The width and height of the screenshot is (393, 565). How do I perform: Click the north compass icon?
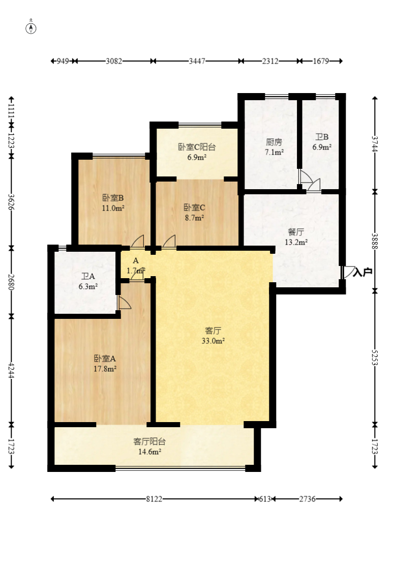click(x=32, y=27)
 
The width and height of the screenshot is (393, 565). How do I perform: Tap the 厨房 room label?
click(x=274, y=142)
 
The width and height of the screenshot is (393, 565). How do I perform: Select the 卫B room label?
click(x=322, y=137)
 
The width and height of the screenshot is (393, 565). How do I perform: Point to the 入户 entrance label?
click(x=362, y=272)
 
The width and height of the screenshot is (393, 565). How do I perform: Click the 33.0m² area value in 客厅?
click(x=213, y=341)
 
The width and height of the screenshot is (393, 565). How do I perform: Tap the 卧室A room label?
click(x=105, y=359)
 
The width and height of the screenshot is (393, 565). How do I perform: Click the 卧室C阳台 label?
click(x=197, y=147)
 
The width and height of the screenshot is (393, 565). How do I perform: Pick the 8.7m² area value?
click(x=194, y=218)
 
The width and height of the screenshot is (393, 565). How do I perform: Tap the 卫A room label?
click(x=88, y=277)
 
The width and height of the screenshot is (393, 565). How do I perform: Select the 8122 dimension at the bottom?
click(x=154, y=499)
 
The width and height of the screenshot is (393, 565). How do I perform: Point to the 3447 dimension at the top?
click(x=197, y=61)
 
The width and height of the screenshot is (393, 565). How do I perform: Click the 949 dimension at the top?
click(x=63, y=61)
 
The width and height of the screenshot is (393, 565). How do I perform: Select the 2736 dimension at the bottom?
click(x=308, y=499)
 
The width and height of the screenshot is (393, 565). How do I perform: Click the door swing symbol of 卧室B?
click(x=138, y=241)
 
